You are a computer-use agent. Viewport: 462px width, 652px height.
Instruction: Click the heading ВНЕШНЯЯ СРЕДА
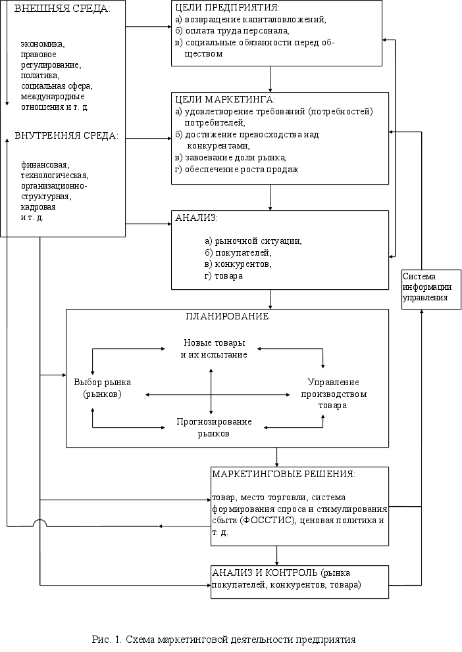(62, 9)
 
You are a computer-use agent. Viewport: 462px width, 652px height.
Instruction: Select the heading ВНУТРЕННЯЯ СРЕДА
(66, 136)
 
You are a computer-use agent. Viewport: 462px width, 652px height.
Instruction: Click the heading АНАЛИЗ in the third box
(196, 218)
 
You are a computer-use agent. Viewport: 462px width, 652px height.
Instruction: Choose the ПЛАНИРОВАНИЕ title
(227, 316)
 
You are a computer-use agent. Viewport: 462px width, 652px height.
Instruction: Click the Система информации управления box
(427, 287)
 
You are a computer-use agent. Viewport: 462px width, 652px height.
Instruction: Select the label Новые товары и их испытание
(214, 349)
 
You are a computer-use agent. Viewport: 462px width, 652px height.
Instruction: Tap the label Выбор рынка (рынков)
(103, 388)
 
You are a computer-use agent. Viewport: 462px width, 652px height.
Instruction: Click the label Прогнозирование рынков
(214, 427)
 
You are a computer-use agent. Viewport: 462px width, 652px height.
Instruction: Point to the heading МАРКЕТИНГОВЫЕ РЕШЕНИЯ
(284, 474)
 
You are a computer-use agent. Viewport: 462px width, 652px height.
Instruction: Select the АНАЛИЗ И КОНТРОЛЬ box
(299, 579)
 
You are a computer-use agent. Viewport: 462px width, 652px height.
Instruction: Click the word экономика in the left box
(43, 44)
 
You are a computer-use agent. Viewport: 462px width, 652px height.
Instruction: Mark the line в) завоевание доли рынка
(230, 157)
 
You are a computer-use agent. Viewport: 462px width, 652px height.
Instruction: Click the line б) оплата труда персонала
(232, 31)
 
